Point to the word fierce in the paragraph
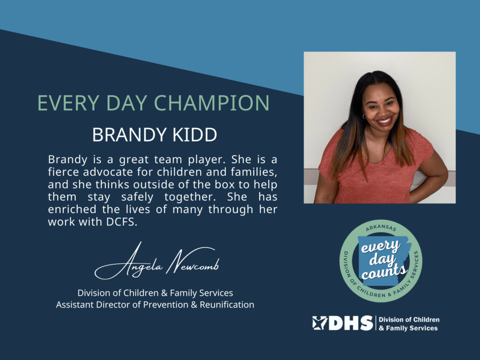pos(63,172)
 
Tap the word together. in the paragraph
pos(190,197)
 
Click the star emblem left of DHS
pos(320,323)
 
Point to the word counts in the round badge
pos(384,271)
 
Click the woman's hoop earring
pos(364,116)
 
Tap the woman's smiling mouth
pos(384,121)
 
